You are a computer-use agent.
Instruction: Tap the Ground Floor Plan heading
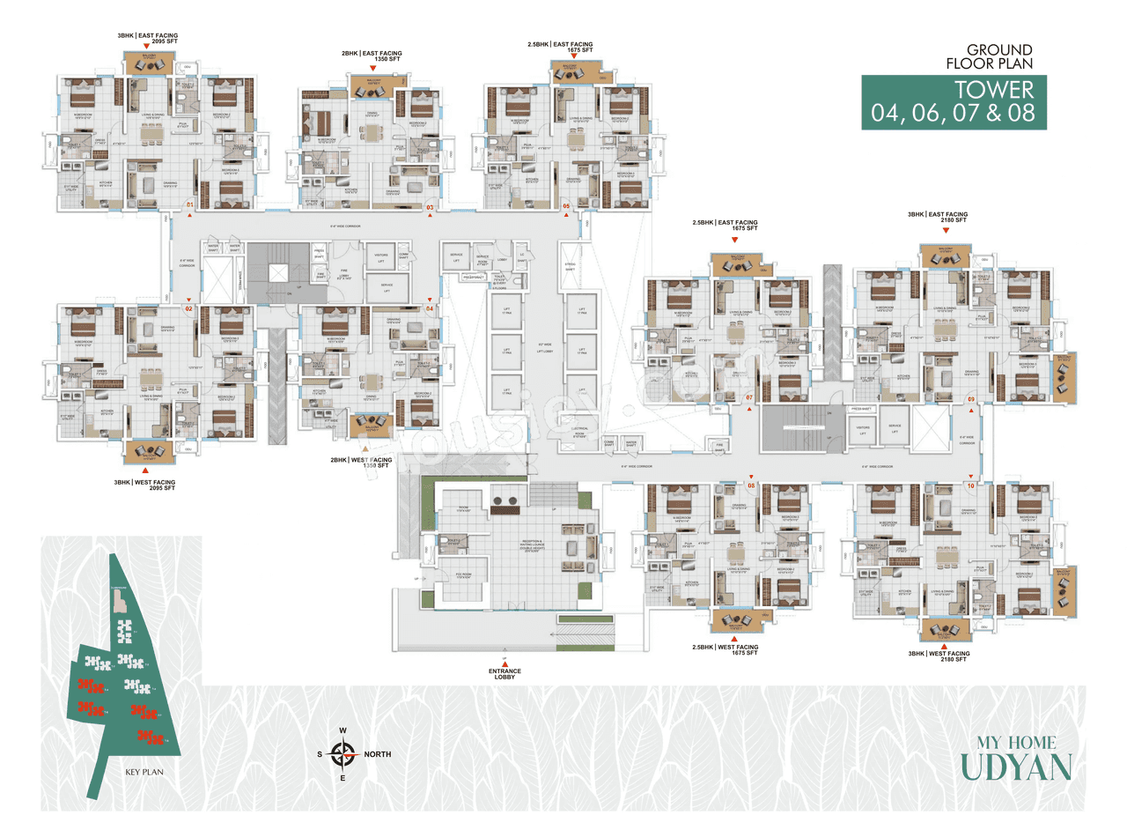[x=998, y=57]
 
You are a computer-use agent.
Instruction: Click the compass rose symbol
[x=342, y=754]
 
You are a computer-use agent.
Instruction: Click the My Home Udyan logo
[x=1016, y=757]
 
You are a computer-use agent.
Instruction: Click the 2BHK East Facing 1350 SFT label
[x=372, y=58]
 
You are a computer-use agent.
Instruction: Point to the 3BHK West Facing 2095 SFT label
[x=144, y=486]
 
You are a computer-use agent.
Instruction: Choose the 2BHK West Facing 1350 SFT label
[x=360, y=463]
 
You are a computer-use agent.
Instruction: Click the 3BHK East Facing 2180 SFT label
[x=938, y=218]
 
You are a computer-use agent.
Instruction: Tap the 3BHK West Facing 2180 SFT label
[x=940, y=658]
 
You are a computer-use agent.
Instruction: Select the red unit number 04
[x=431, y=308]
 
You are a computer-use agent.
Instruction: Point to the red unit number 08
[x=751, y=485]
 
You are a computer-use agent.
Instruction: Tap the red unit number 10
[x=970, y=485]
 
